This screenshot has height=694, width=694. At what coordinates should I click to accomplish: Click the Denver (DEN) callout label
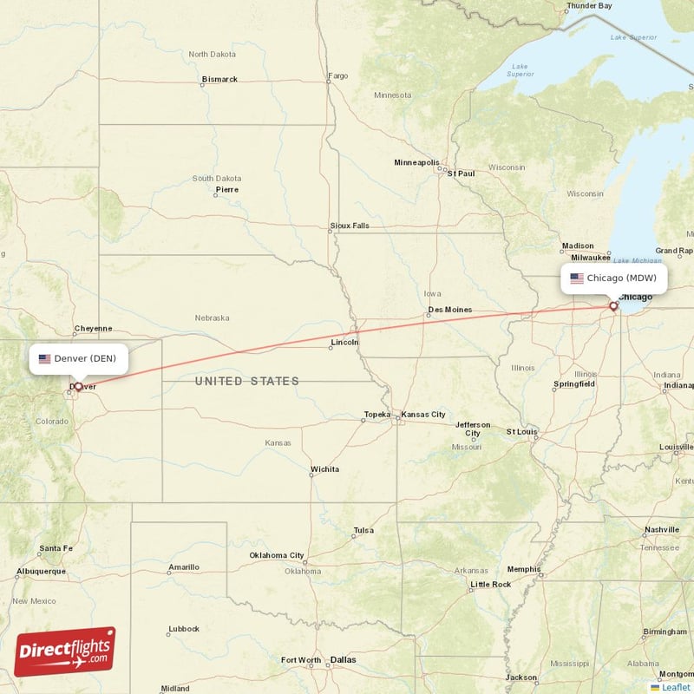point(79,358)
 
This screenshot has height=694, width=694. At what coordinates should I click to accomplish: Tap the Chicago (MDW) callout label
point(619,278)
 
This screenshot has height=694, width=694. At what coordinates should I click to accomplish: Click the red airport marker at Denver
point(78,387)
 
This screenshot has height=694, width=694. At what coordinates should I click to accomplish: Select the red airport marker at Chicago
point(613,305)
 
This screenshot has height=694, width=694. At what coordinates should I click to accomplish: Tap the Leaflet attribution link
point(675,686)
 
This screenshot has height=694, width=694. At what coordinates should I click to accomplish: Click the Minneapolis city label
point(416,162)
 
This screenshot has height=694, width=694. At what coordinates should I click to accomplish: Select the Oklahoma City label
point(277,555)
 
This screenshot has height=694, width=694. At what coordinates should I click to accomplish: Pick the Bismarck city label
point(219,79)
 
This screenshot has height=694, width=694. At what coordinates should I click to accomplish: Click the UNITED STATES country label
point(247,381)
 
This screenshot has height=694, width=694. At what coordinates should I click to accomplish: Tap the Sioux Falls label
point(350,226)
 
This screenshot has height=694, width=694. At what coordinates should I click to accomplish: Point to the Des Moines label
point(450,310)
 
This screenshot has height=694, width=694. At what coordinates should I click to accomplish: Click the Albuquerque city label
point(41,571)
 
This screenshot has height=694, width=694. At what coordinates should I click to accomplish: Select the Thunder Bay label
point(589,5)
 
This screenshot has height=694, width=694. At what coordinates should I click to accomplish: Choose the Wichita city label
point(324,469)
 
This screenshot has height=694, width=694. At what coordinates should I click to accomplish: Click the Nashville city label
point(662,529)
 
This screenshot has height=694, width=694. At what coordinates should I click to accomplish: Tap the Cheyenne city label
point(93,329)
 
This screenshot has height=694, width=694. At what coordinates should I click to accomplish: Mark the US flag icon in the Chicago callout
point(577,278)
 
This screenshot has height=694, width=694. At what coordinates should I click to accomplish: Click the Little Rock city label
point(490,584)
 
